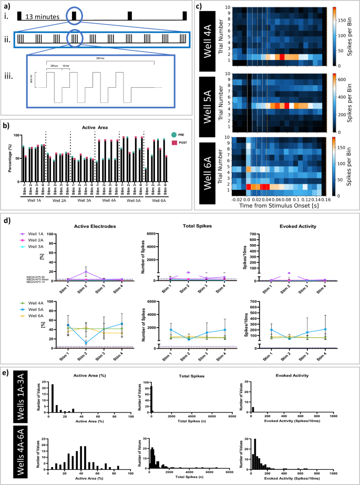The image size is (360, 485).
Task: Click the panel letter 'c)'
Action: tap(199, 6)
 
